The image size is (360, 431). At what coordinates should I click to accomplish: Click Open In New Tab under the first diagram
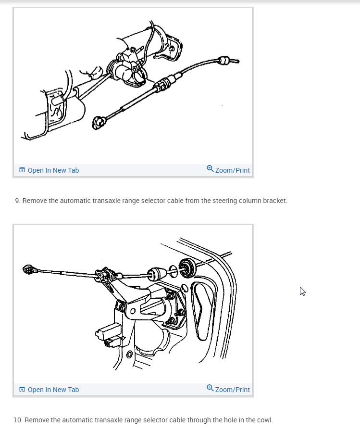[53, 170]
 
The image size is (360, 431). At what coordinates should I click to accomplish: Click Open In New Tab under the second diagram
[53, 390]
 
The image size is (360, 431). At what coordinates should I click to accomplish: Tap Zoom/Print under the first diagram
[232, 170]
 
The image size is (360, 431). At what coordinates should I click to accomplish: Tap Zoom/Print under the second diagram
[232, 390]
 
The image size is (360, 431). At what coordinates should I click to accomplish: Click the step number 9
[18, 201]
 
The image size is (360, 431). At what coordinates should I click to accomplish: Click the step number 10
[18, 420]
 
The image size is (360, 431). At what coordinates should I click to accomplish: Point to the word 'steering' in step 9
[219, 201]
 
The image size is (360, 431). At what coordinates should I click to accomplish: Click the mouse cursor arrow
[302, 292]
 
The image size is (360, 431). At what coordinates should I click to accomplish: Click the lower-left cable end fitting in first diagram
[98, 123]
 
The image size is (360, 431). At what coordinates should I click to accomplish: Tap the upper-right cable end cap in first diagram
[224, 61]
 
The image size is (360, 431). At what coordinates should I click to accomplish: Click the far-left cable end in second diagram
[29, 269]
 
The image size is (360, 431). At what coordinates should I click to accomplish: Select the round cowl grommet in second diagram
[186, 268]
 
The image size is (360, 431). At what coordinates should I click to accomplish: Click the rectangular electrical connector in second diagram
[109, 331]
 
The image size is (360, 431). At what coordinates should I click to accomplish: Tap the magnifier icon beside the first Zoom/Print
[210, 168]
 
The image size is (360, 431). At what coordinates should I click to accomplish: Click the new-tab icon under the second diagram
[22, 390]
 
